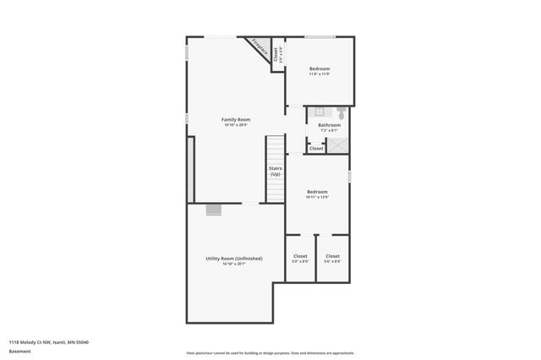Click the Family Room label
(236, 119)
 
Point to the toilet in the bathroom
(340, 112)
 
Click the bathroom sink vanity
(320, 111)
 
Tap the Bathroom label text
(329, 125)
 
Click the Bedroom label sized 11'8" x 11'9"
(319, 68)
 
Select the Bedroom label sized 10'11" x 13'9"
(317, 192)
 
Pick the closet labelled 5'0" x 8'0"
(300, 256)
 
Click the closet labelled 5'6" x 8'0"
(332, 256)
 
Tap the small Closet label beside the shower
(315, 149)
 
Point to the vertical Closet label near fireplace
(276, 55)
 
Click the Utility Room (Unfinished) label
(233, 258)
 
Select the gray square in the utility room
(214, 210)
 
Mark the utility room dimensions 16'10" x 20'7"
(233, 265)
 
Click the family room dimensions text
(236, 125)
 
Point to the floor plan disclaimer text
(270, 353)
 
